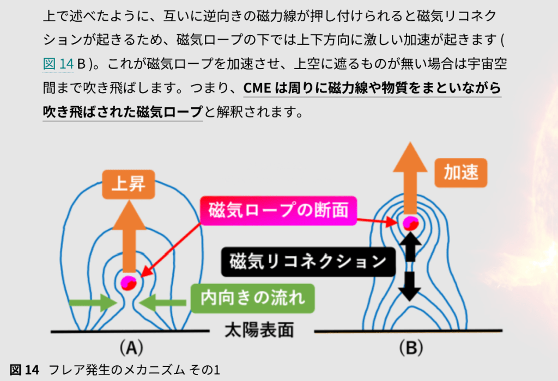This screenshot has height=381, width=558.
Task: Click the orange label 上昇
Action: point(129,185)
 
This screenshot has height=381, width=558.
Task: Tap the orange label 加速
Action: point(460,173)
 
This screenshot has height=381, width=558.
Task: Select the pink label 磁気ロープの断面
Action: point(278,210)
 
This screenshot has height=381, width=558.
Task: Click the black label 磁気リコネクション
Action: point(308,262)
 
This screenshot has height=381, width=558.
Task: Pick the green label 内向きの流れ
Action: point(252,298)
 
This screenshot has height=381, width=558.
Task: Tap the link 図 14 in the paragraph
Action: point(58,64)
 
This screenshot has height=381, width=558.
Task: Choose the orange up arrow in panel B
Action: point(409,180)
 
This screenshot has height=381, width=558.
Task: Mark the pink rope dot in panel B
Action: point(409,223)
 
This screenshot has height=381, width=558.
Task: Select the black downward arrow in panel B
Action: point(410,286)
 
